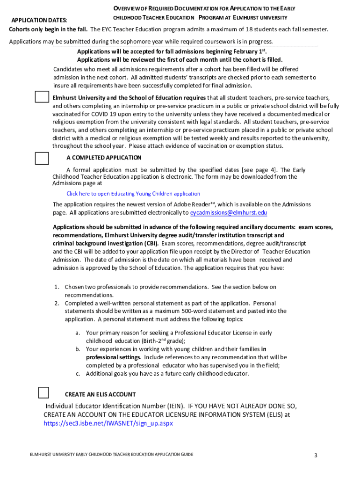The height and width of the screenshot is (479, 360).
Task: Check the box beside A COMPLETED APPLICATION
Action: point(42,159)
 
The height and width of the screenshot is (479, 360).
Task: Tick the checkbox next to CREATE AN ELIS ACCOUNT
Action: point(43,392)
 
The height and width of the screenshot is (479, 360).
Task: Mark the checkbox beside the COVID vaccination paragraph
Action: point(42,97)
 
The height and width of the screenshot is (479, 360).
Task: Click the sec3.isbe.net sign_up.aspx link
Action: point(108,423)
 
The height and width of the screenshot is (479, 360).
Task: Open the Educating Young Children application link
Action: point(133,194)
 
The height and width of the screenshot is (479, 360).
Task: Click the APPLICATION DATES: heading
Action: point(39,20)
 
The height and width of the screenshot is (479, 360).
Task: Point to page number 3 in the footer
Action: point(316,455)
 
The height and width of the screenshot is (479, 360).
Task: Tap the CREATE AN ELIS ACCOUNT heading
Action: point(100,394)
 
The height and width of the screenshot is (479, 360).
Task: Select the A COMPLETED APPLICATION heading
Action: point(104,158)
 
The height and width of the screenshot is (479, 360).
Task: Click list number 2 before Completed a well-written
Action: point(56,303)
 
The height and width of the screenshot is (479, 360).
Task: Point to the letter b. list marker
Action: point(78,349)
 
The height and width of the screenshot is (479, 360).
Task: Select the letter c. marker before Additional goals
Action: point(78,374)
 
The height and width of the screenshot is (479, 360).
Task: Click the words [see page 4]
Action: point(259,170)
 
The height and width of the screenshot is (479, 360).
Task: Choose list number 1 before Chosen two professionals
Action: point(56,287)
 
